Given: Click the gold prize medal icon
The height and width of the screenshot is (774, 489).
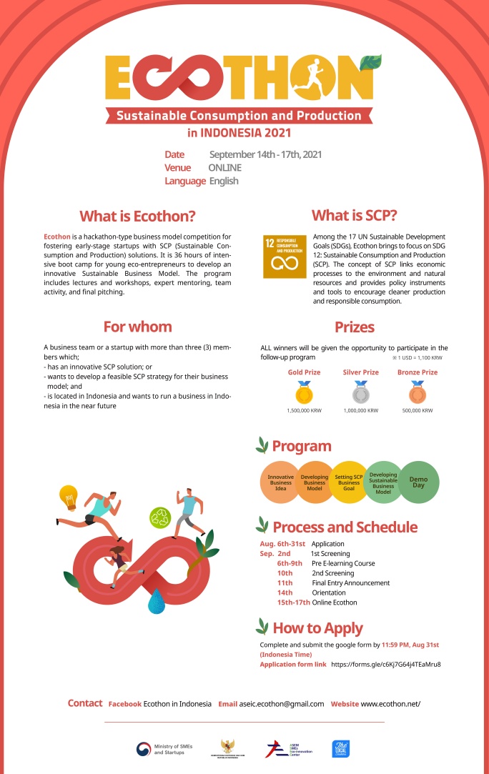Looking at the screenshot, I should tap(303, 392).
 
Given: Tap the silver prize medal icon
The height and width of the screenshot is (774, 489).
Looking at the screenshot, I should tap(360, 392).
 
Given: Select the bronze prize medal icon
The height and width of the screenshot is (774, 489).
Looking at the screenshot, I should tap(417, 392).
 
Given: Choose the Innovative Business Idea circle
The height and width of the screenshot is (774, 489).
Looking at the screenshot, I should tap(280, 482).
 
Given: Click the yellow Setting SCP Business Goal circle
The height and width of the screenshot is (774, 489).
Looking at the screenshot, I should tap(349, 482).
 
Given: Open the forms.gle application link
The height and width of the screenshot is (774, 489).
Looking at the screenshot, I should tap(386, 665).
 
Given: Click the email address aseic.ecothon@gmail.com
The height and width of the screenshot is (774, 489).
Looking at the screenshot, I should tap(282, 704).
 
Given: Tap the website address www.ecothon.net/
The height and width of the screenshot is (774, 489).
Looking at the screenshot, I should tap(390, 704).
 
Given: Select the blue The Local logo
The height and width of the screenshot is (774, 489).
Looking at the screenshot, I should tap(340, 748).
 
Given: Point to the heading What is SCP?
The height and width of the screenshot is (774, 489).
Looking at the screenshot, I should tap(354, 216).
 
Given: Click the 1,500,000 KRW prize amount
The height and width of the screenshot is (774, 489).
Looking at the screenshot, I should tap(302, 411).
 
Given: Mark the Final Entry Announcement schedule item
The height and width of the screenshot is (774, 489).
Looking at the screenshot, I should tap(350, 583).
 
